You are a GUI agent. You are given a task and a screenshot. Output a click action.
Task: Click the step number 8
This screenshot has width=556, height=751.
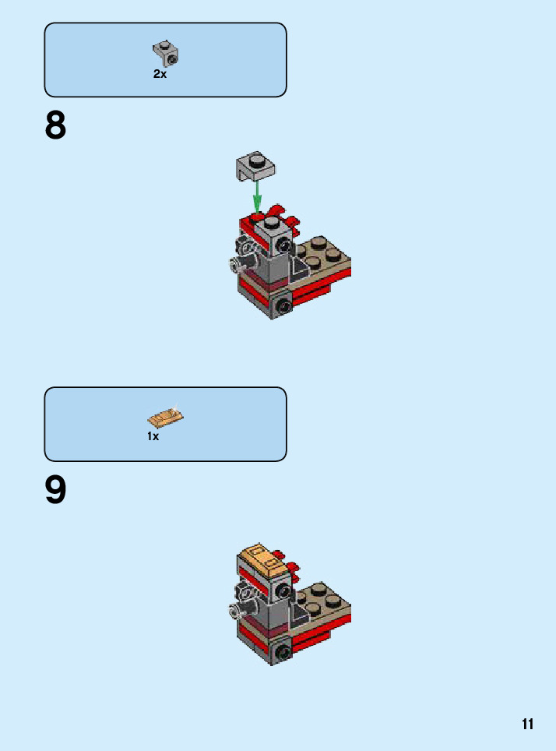coord(55,125)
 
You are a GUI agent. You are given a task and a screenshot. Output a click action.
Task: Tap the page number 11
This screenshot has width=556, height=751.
coord(527,724)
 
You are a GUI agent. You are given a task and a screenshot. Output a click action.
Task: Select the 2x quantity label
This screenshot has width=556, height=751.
coord(160,74)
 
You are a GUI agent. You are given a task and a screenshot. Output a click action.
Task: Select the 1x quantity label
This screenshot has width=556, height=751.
coord(153,436)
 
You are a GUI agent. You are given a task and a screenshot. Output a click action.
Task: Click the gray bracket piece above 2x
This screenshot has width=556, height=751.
coord(166,54)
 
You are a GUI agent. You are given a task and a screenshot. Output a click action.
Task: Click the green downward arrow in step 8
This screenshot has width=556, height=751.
coord(257,196)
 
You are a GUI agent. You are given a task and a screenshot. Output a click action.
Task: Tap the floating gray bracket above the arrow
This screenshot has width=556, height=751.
coord(255,165)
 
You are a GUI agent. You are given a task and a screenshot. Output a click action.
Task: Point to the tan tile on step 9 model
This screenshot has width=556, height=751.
coord(263,560)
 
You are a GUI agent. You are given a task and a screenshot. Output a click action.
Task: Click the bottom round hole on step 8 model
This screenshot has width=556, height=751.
coord(282,305)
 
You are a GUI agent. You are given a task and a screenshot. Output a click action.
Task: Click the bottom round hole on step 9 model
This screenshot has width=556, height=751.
coord(282,651)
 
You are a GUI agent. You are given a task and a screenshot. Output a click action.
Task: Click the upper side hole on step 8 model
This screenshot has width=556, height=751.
coord(283,247)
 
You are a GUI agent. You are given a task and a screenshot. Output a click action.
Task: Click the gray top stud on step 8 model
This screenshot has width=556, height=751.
coord(272,222)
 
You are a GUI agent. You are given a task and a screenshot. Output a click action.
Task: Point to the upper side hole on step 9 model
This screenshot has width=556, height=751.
coord(283,591)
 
